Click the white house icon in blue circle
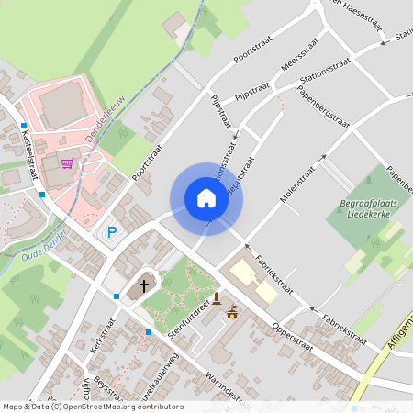tap(206, 198)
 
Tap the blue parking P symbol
tap(112, 233)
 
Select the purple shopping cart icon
tap(67, 164)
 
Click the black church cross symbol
tap(144, 285)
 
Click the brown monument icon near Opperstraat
tap(216, 298)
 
